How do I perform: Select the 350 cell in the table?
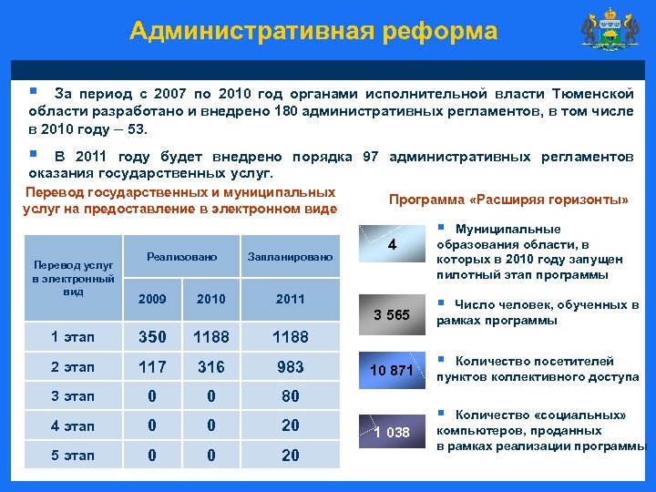point(152,337)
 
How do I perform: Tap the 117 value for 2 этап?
point(152,367)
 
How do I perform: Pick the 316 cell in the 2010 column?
point(210,367)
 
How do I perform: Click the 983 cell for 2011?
point(290,367)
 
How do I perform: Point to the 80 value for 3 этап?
point(290,396)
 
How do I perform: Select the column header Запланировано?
point(290,258)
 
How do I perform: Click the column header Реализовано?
point(181,258)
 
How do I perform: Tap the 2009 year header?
point(152,299)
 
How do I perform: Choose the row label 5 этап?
point(73,455)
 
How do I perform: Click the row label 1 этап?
point(73,337)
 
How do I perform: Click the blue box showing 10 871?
point(391,370)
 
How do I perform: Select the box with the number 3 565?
point(391,315)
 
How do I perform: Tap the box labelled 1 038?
point(391,432)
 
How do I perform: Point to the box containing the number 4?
point(391,245)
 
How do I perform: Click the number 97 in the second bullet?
point(370,156)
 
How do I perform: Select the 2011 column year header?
point(290,299)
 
